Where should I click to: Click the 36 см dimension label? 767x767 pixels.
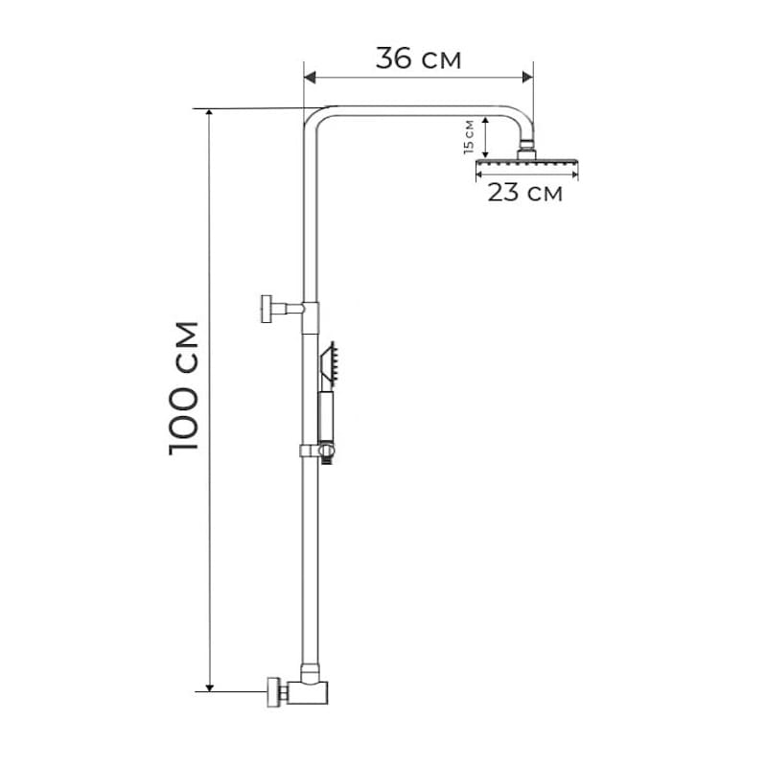(x=418, y=58)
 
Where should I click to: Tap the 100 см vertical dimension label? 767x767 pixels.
(x=184, y=388)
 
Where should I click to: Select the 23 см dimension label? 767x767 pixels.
(x=524, y=193)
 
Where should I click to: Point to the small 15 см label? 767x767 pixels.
(x=469, y=137)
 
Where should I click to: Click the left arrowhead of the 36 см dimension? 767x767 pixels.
(x=310, y=78)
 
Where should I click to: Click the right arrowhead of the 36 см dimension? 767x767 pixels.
(x=527, y=78)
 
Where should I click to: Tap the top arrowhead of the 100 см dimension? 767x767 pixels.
(x=209, y=113)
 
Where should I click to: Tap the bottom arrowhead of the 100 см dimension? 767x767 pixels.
(x=209, y=686)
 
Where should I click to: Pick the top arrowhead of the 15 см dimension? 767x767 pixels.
(x=485, y=121)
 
